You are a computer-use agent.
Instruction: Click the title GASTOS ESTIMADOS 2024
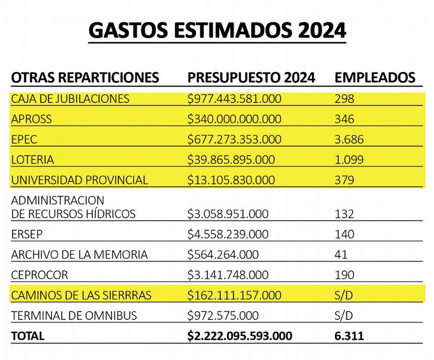pyautogui.click(x=217, y=30)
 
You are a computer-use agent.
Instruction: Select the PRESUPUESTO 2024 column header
pyautogui.click(x=251, y=78)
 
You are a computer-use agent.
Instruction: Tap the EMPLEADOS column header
pyautogui.click(x=375, y=78)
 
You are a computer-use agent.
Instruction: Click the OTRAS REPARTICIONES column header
pyautogui.click(x=85, y=78)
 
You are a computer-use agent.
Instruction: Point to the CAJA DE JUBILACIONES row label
pyautogui.click(x=70, y=99)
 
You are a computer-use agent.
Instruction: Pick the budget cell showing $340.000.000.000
pyautogui.click(x=234, y=119)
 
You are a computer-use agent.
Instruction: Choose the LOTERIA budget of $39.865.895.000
pyautogui.click(x=231, y=159)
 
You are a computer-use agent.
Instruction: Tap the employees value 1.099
pyautogui.click(x=349, y=159)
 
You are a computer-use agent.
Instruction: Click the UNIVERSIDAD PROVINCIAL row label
pyautogui.click(x=79, y=180)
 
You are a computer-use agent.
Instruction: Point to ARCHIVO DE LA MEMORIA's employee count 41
pyautogui.click(x=341, y=255)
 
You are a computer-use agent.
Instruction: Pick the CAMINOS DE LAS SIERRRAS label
pyautogui.click(x=81, y=295)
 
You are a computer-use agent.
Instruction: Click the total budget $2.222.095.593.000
pyautogui.click(x=240, y=336)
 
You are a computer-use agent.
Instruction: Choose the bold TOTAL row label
pyautogui.click(x=27, y=336)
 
